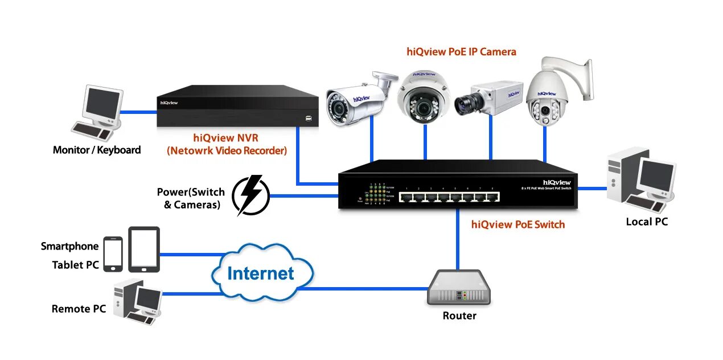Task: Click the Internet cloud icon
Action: [x=261, y=272]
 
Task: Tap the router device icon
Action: [x=458, y=288]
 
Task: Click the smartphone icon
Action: [x=113, y=253]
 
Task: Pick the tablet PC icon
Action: [x=143, y=249]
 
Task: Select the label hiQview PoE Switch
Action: [x=518, y=224]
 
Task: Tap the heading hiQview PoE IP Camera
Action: [x=461, y=52]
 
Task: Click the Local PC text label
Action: [x=646, y=222]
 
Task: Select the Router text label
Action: [x=459, y=316]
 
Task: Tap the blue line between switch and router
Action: [x=458, y=239]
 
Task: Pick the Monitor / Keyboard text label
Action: [x=97, y=150]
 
